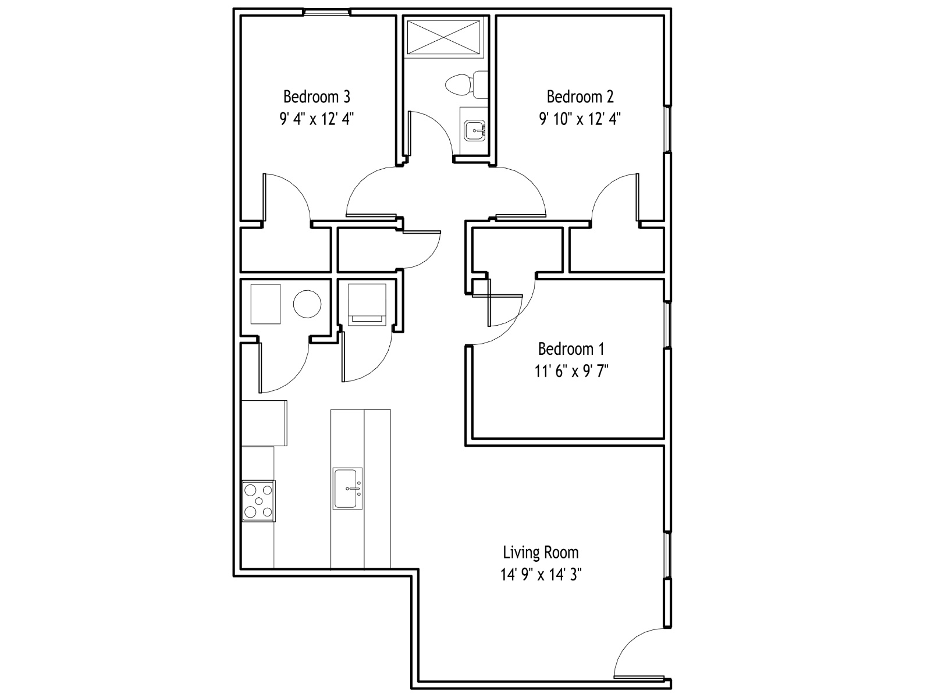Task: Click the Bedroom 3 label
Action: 317,97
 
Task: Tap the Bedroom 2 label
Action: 580,97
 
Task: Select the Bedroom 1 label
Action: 571,349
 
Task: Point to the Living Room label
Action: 541,552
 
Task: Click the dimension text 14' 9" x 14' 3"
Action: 541,575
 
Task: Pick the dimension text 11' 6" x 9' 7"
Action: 571,371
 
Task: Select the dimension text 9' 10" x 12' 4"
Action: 580,119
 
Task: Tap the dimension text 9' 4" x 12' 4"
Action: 317,119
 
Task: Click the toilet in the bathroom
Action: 467,85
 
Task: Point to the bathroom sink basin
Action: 475,130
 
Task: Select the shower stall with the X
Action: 444,37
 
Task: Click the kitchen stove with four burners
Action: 258,501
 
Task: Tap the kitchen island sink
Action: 348,489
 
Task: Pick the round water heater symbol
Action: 307,304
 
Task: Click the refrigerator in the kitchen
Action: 264,423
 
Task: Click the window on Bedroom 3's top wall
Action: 326,13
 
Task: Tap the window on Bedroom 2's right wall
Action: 667,129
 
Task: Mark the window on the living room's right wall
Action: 667,555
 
